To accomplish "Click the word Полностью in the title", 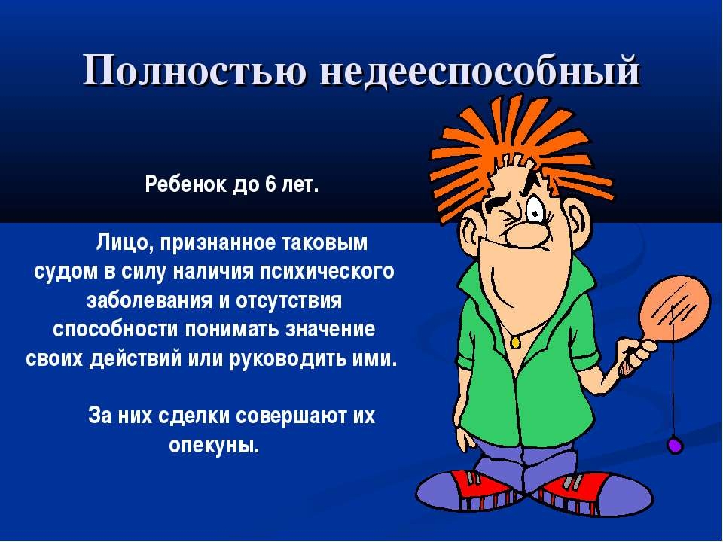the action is pos(194,70).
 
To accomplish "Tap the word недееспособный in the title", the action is pos(480,71).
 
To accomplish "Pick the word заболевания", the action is pos(149,301).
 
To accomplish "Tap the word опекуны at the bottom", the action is pos(214,445).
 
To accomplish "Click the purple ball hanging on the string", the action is pos(675,445).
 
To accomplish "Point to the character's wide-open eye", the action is pos(536,213).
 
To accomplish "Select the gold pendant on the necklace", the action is pos(515,343).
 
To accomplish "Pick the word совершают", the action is pos(291,416).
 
